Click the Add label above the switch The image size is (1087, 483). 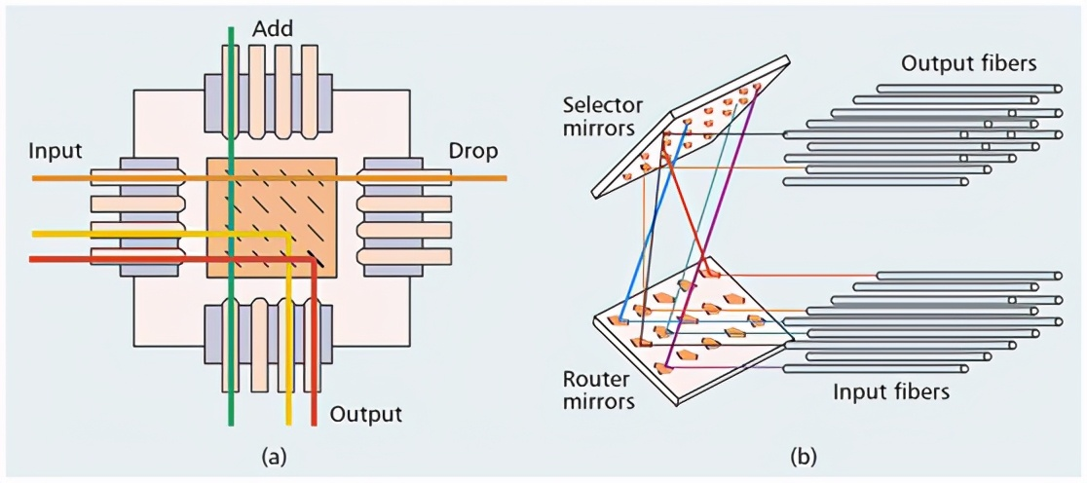point(274,29)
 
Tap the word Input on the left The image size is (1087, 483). point(56,153)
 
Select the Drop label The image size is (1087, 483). point(472,153)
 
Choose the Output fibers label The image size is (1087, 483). point(967,64)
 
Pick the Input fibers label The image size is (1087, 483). point(891,392)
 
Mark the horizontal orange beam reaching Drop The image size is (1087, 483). point(429,179)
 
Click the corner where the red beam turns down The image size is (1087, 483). point(314,259)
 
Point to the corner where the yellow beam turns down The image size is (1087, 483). point(289,235)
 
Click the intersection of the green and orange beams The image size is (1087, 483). point(231,179)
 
